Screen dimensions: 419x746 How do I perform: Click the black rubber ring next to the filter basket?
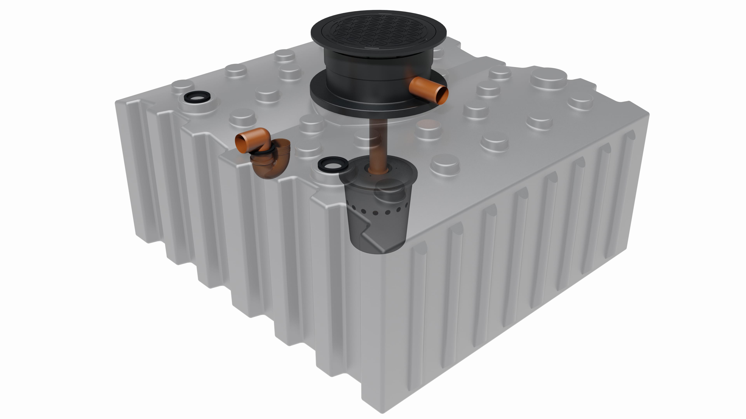333,164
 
